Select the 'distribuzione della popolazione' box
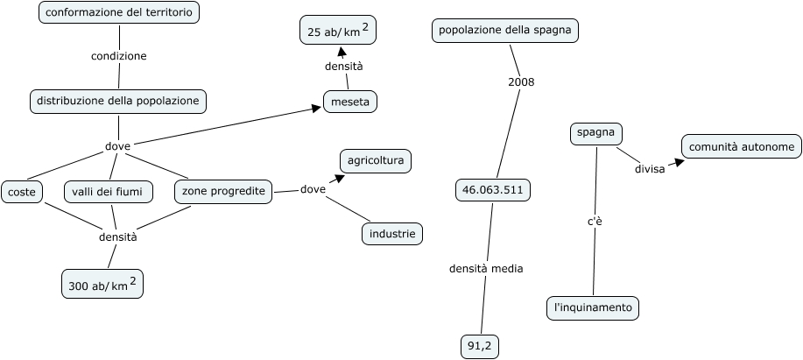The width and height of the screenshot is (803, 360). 118,101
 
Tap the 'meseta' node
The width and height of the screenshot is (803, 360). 350,102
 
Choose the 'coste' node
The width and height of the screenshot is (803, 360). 21,191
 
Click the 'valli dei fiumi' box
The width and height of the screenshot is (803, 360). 108,191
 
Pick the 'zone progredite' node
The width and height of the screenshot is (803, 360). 223,191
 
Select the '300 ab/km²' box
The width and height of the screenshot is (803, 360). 102,284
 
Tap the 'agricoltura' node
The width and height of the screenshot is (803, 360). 375,161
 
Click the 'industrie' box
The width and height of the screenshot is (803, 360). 392,233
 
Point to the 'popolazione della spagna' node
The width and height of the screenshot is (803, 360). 505,31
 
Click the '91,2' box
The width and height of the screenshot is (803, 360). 480,347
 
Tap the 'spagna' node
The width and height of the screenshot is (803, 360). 595,133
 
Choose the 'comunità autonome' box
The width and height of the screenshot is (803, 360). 741,146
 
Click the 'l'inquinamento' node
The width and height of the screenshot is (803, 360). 593,307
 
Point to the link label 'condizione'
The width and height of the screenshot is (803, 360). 118,56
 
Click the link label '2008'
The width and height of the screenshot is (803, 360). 521,82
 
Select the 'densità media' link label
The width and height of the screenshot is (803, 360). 486,269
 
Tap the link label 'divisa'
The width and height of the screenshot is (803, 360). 650,169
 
